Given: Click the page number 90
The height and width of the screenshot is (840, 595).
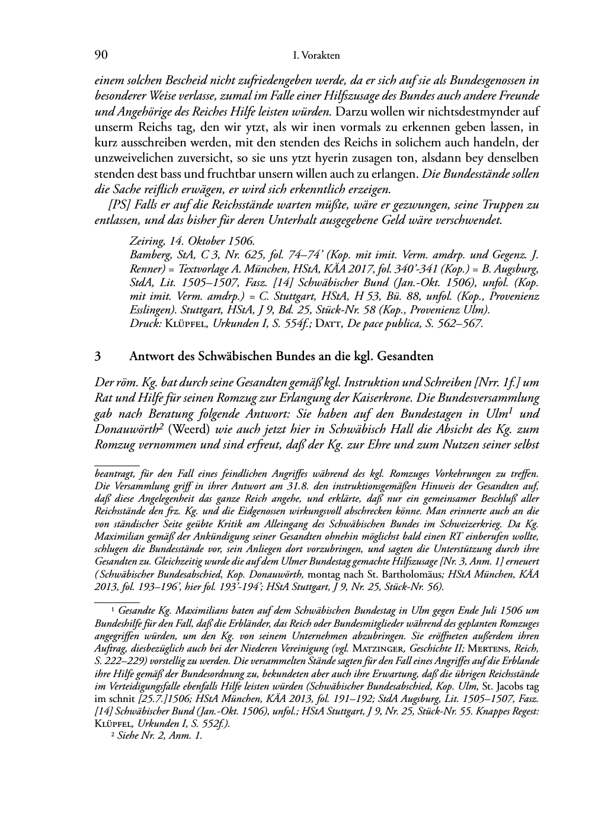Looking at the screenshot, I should click(101, 56).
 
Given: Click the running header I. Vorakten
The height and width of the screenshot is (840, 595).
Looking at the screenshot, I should click(316, 56).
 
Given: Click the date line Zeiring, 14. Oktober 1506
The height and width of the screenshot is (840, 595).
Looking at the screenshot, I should click(192, 241).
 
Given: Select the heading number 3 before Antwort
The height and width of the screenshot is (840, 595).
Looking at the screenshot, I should click(98, 357).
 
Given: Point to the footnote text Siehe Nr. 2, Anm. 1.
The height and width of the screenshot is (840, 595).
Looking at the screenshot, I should click(160, 736).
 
